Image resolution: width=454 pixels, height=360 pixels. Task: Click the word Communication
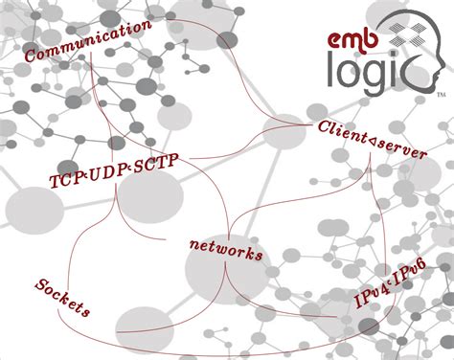[x=87, y=40]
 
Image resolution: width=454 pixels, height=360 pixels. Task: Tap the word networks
[x=226, y=249]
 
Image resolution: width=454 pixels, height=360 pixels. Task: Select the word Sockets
[x=62, y=298]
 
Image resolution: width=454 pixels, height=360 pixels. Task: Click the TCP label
[x=66, y=179]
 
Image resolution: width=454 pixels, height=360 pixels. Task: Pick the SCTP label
[x=154, y=164]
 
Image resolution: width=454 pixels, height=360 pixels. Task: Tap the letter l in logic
[x=331, y=69]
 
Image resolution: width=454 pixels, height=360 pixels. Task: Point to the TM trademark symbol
[x=441, y=95]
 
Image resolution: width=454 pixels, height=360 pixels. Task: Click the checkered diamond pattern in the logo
[x=406, y=35]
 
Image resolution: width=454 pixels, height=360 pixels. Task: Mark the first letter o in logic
[x=349, y=74]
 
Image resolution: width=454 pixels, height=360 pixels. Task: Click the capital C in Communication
[x=30, y=56]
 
